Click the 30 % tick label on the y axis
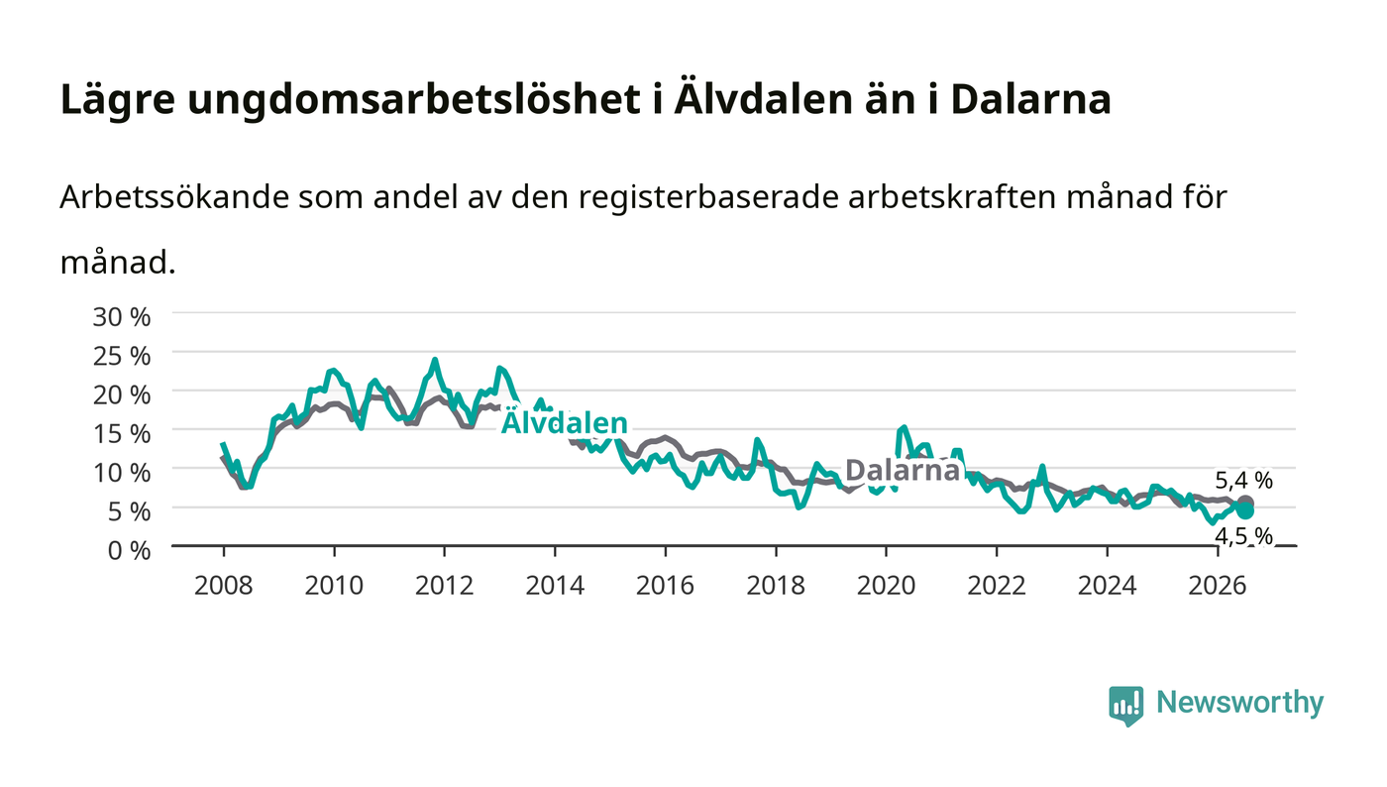click(121, 317)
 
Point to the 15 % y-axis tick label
click(121, 434)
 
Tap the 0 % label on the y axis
click(129, 550)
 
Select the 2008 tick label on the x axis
click(224, 586)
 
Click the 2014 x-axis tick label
click(555, 586)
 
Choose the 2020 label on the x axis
click(886, 586)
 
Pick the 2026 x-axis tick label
click(1218, 586)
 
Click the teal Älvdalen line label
click(564, 422)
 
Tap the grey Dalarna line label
click(903, 471)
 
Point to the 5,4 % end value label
click(1244, 481)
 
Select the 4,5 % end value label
click(1244, 536)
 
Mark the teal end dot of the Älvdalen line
click(1245, 510)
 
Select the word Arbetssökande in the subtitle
click(174, 197)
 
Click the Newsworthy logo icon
click(1125, 705)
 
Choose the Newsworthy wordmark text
click(1239, 703)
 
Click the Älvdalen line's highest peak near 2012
click(435, 360)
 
